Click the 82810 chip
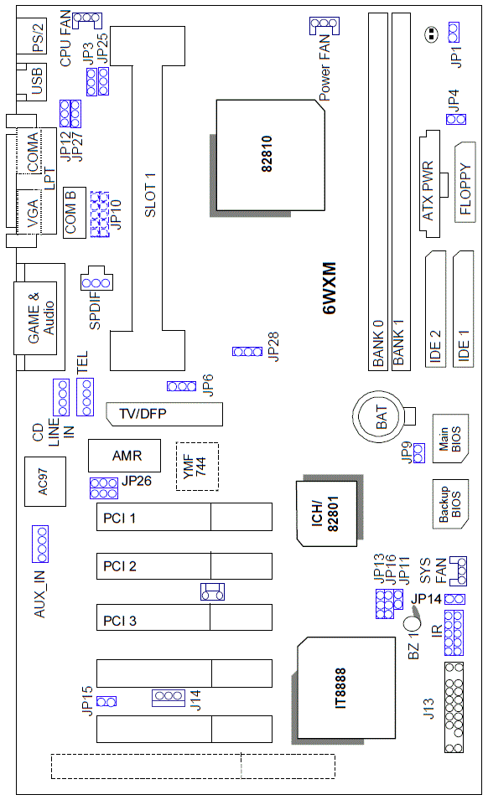click(270, 156)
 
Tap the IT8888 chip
click(340, 688)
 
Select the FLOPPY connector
click(465, 183)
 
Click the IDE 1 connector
click(464, 308)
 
